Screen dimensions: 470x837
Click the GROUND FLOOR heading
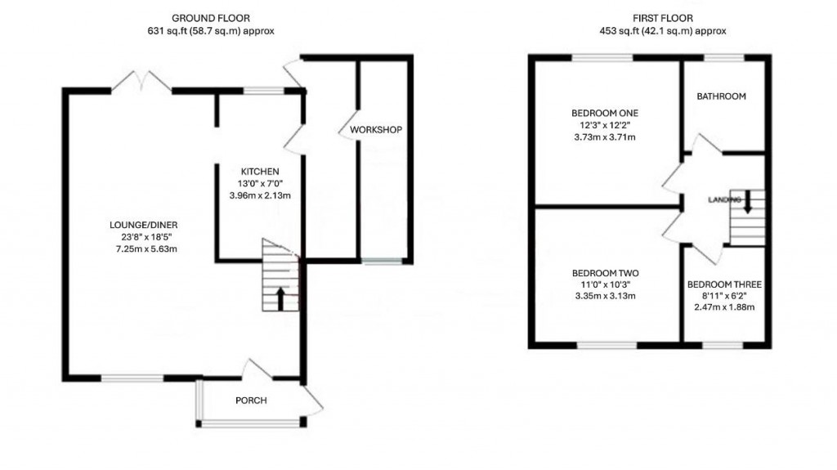(211, 17)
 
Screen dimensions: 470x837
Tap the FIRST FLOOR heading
(662, 17)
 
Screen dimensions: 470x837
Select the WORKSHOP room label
(376, 130)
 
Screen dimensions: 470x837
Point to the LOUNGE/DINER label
(144, 225)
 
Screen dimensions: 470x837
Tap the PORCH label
(251, 400)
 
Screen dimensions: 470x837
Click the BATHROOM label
(721, 96)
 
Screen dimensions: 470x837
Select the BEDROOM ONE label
(604, 113)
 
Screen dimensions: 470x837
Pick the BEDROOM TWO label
(604, 273)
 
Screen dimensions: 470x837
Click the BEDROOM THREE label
(724, 284)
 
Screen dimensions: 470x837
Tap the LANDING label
(724, 200)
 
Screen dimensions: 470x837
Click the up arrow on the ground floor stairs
(280, 298)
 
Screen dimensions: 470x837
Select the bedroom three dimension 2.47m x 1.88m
(724, 307)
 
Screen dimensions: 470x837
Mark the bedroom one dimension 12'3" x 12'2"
(604, 125)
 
